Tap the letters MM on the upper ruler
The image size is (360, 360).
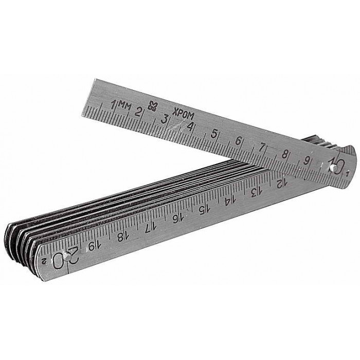point(125,106)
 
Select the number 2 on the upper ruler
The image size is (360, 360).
point(138,112)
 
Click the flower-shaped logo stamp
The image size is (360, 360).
point(153,106)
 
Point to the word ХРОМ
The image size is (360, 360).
point(184,114)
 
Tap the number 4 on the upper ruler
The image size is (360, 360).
point(190,127)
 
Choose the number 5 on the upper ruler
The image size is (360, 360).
point(214,134)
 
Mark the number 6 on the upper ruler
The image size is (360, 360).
point(239,140)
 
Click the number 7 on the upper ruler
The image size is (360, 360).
point(262,148)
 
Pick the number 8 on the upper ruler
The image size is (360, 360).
point(284,154)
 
